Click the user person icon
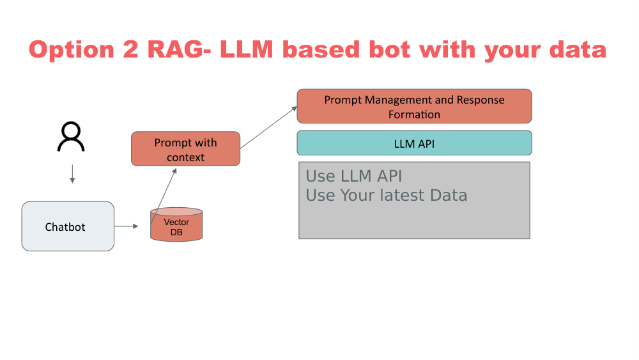click(71, 137)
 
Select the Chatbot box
click(68, 226)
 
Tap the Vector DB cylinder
click(176, 225)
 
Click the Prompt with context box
click(185, 150)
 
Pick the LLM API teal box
click(414, 143)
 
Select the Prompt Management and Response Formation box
click(414, 107)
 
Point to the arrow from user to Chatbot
click(72, 174)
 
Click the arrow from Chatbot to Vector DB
click(127, 226)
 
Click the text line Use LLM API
click(353, 176)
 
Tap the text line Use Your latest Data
click(386, 195)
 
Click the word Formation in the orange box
click(414, 114)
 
